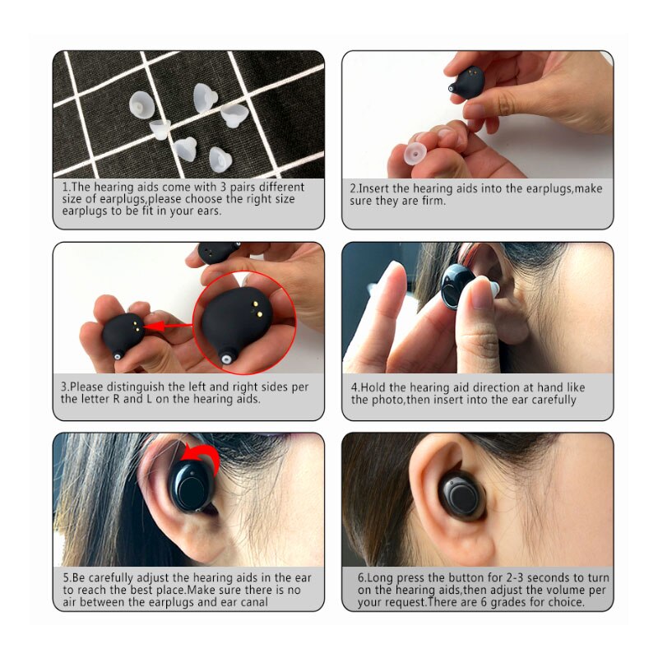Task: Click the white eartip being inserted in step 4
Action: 485,289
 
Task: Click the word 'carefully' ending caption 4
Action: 549,400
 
